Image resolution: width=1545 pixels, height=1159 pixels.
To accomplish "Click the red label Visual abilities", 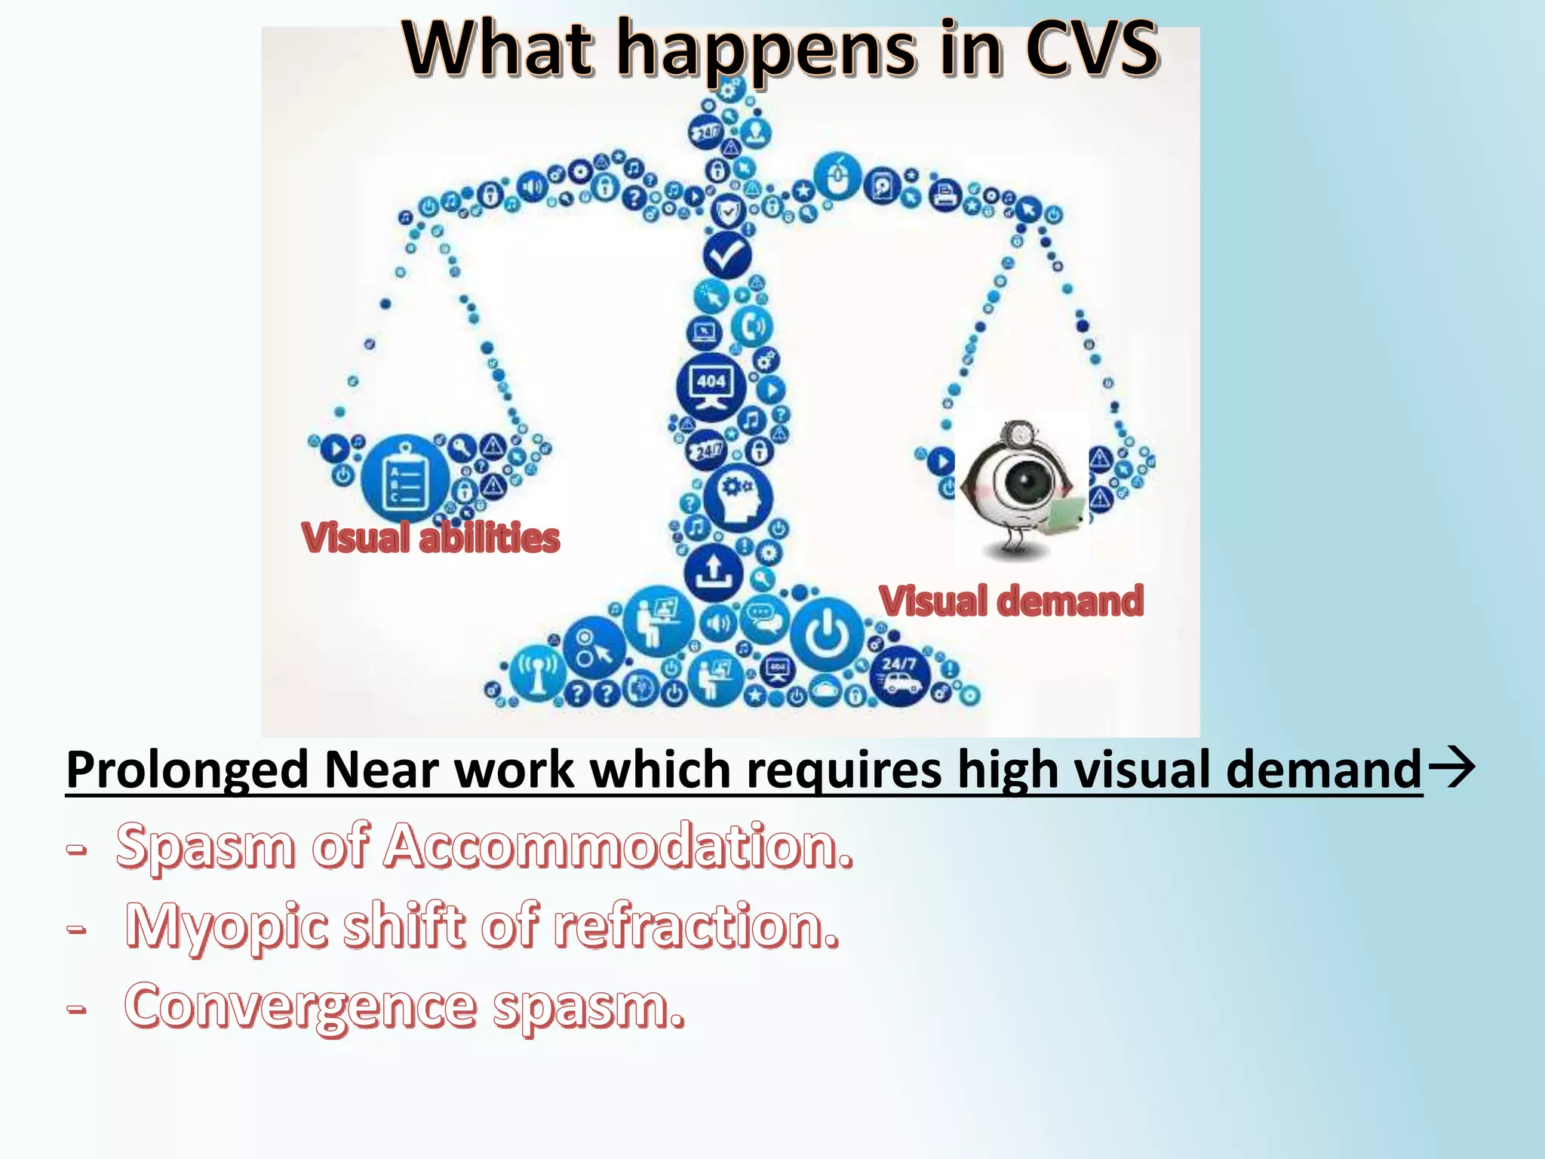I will tap(430, 537).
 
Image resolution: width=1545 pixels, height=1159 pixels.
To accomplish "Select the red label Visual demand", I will tap(1011, 601).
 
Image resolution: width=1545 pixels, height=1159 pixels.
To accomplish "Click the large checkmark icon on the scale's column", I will tap(726, 256).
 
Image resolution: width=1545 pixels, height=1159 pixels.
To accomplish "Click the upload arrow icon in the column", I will tap(713, 573).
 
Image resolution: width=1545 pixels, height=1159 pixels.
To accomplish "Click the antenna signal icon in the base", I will tap(537, 674).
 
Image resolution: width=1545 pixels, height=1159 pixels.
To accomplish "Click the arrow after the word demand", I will tap(1451, 768).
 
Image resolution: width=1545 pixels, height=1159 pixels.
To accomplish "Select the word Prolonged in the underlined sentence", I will tap(187, 770).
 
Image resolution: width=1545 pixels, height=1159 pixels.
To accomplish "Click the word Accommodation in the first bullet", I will tap(618, 846).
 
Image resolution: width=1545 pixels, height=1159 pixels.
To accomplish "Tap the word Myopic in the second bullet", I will tap(226, 926).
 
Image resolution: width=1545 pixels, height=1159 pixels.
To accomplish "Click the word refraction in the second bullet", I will tap(695, 926).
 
